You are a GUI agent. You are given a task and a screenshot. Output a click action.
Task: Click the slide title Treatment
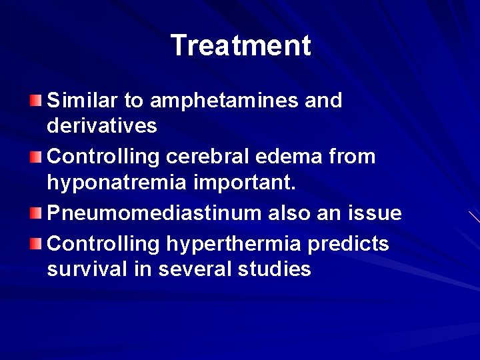(241, 46)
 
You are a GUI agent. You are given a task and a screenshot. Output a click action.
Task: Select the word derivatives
(103, 125)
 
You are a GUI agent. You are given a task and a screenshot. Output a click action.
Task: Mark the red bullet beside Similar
(35, 101)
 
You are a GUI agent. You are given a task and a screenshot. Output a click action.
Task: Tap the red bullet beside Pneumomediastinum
(35, 213)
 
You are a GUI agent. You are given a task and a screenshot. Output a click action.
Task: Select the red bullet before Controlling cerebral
(35, 157)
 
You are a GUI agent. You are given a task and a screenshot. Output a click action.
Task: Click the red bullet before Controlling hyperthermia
(35, 245)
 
